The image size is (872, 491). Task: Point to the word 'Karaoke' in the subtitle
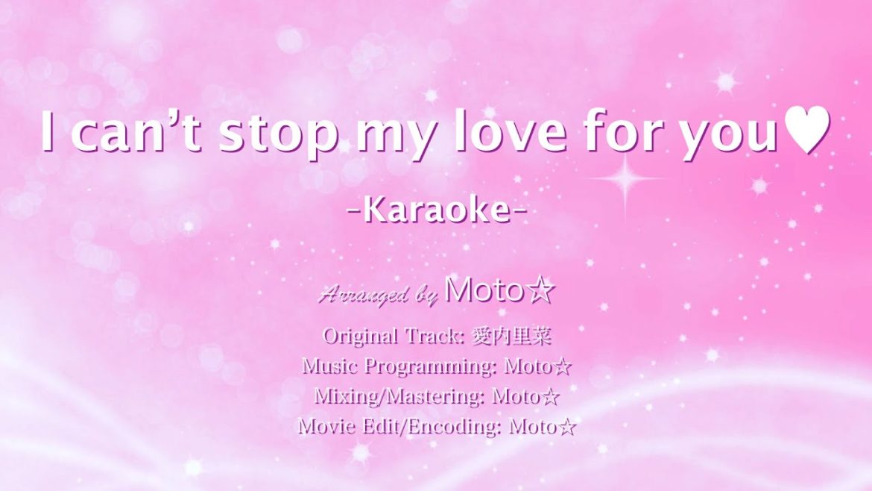click(437, 210)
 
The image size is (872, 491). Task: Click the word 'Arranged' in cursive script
click(364, 293)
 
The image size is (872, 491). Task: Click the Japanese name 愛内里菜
click(511, 337)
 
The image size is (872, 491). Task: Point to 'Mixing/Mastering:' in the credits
click(399, 396)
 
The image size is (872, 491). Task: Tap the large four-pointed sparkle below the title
click(625, 178)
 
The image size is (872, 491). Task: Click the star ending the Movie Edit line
click(567, 427)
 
